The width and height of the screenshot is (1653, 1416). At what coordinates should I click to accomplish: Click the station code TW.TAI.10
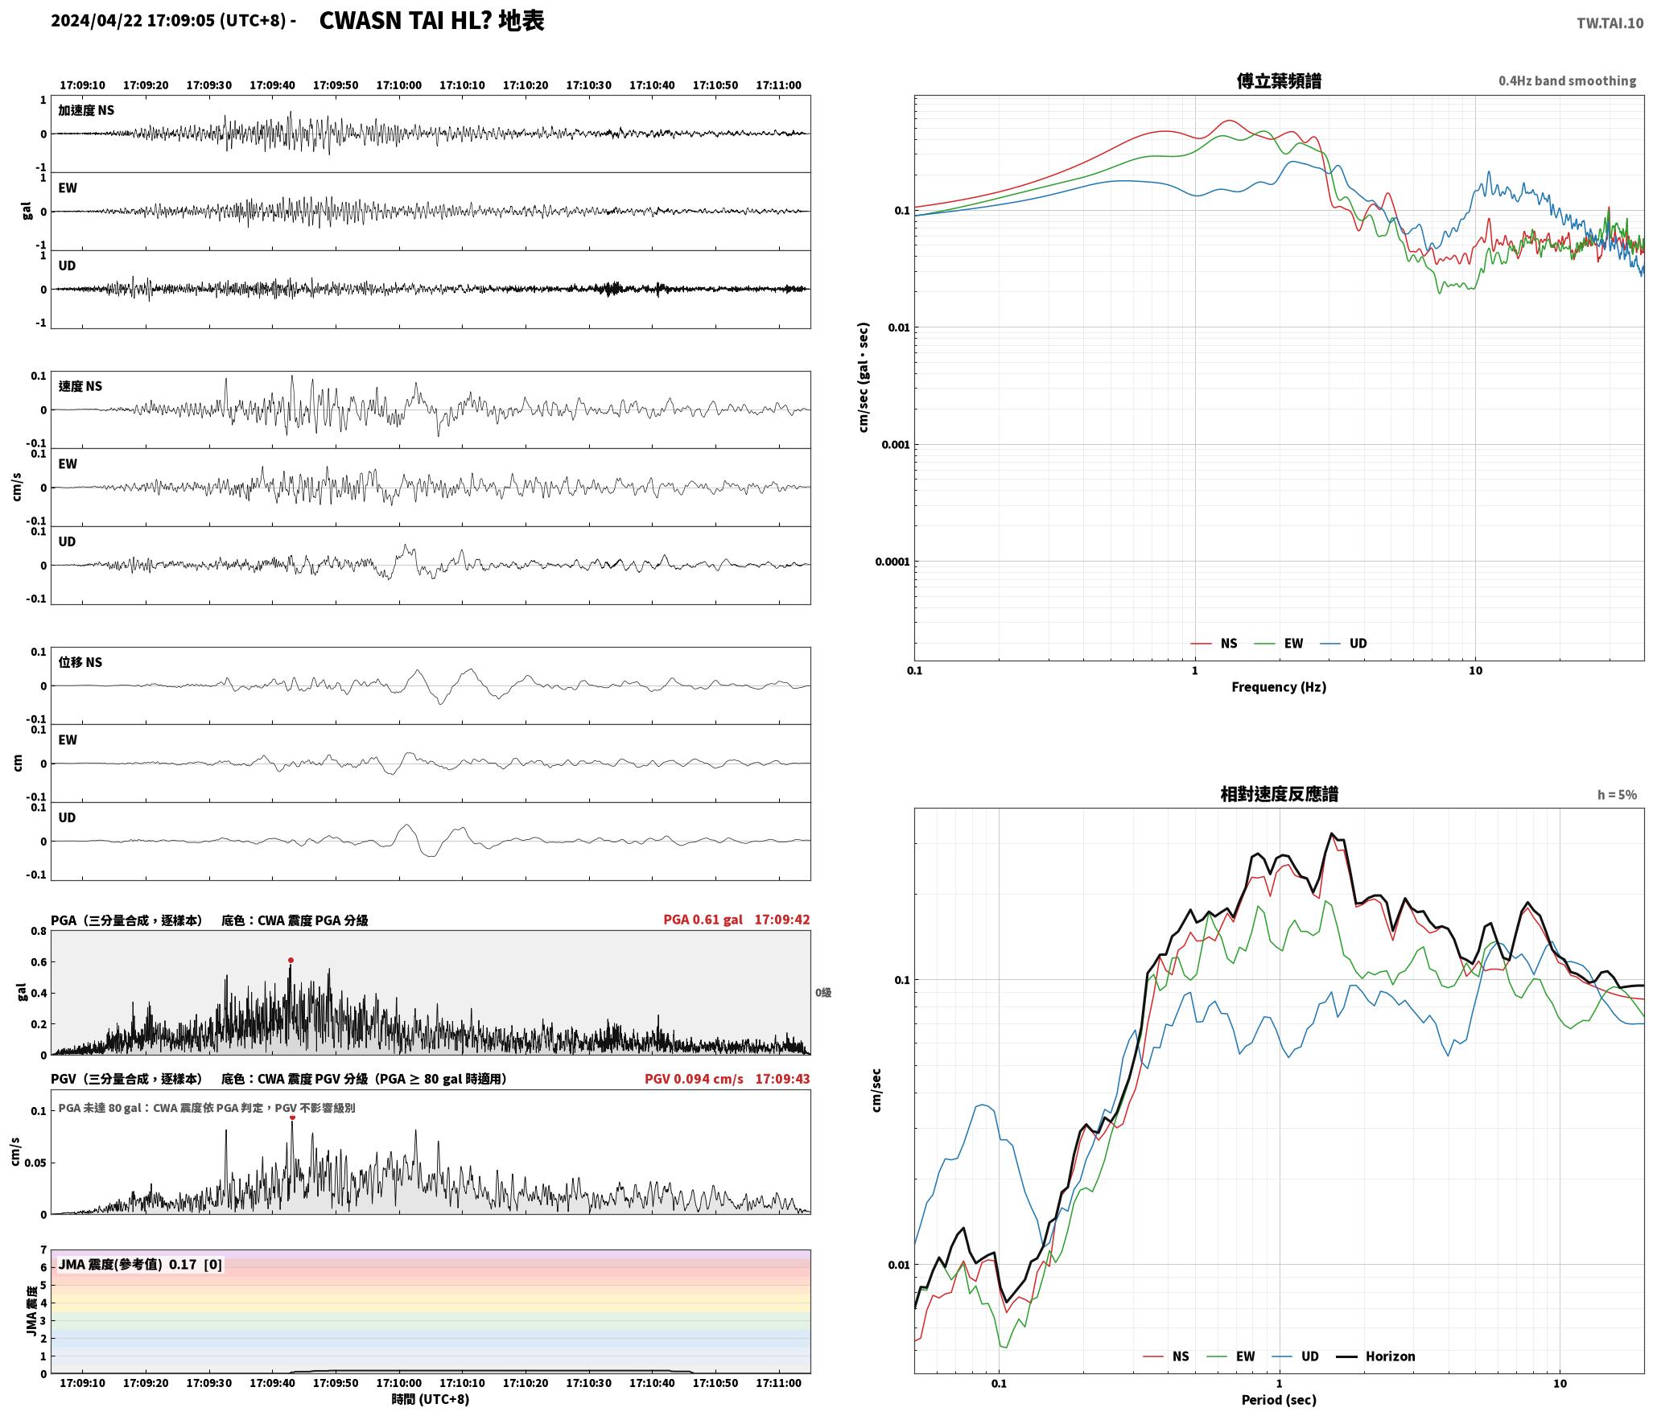pos(1610,23)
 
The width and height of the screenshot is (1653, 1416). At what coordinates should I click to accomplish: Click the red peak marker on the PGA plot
pos(291,960)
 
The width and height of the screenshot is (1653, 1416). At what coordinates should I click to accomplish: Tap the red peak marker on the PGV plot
pos(292,1117)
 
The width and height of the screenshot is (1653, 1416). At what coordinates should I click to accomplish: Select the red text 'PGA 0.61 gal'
pos(703,920)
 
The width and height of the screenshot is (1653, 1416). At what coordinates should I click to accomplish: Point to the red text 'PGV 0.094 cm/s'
pos(694,1079)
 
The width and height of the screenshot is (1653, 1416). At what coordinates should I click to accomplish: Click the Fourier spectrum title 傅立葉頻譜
pos(1279,81)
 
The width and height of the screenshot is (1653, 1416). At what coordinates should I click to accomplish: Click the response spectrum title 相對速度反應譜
pos(1279,794)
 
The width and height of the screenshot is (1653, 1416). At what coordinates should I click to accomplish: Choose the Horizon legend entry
pos(1376,1356)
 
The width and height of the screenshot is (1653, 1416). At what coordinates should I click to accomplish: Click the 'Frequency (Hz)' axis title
pos(1279,686)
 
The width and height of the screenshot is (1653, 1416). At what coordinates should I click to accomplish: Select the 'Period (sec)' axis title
pos(1279,1399)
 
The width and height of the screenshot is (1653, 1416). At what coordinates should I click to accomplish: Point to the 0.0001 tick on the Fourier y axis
pos(892,562)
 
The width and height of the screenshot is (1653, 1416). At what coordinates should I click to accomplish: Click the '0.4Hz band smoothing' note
pos(1567,81)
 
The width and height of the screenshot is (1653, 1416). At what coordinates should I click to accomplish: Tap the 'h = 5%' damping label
pos(1617,795)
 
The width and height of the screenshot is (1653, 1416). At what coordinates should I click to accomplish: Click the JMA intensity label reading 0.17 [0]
pos(140,1264)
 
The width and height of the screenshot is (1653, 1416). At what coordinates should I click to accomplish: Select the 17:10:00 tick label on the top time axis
pos(399,85)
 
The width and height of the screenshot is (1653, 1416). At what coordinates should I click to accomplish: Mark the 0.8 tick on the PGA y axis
pos(39,932)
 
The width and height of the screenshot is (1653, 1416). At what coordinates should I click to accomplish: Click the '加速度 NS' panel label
pos(86,110)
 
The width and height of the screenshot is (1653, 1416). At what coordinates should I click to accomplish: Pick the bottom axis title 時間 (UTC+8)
pos(431,1399)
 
